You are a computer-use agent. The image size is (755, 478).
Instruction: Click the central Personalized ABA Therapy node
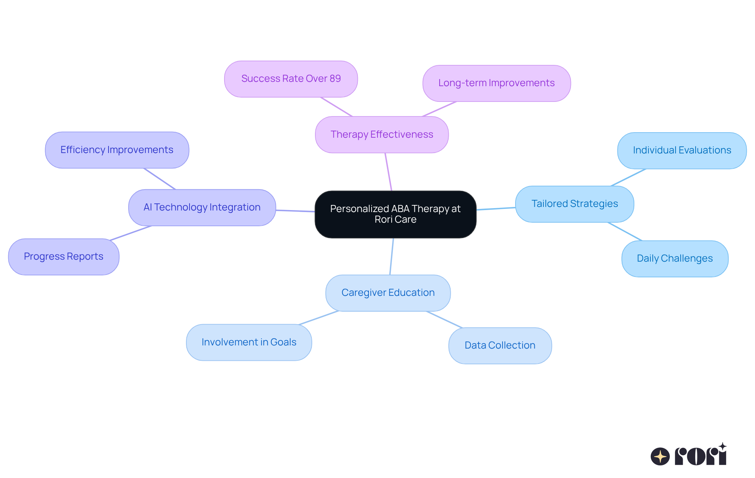tap(395, 214)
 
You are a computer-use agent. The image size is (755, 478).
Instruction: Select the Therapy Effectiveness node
tap(381, 135)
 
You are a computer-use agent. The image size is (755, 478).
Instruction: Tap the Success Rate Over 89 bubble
tap(291, 79)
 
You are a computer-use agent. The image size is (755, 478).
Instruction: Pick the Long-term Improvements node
tap(496, 83)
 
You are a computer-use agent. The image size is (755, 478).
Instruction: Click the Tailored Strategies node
tap(574, 204)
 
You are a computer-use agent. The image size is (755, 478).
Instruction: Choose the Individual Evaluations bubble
tap(681, 150)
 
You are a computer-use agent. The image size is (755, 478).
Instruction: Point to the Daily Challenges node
tap(674, 258)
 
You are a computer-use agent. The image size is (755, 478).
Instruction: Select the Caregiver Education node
tap(388, 293)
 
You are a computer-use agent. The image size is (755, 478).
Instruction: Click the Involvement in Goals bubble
tap(249, 342)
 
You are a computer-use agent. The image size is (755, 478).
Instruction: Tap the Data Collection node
tap(499, 345)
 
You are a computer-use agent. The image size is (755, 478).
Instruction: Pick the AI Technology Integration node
tap(202, 207)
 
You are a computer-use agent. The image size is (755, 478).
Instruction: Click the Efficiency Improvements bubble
tap(117, 150)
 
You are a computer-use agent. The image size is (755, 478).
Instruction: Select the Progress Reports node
tap(63, 257)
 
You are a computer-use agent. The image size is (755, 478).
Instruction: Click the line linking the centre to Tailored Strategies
tap(495, 209)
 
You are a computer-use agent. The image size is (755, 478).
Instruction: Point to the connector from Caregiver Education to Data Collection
tap(444, 319)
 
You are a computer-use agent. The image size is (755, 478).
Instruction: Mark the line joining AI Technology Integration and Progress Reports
tap(131, 233)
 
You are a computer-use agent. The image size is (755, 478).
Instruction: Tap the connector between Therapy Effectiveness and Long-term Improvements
tap(439, 109)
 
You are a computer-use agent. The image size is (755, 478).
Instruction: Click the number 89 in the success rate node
tap(335, 79)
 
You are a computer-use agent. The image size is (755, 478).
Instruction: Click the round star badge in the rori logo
tap(660, 456)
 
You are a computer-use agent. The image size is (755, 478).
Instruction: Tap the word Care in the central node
tap(406, 220)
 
